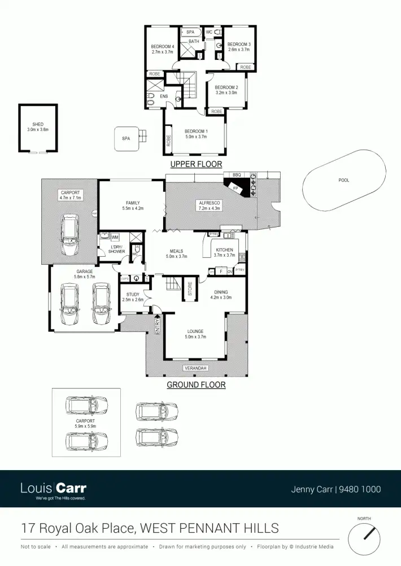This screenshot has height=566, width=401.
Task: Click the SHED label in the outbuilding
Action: click(x=38, y=124)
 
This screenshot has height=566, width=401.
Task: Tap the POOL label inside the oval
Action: click(x=344, y=181)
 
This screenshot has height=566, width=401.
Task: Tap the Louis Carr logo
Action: click(x=53, y=488)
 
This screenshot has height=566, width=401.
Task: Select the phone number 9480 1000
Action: click(x=360, y=489)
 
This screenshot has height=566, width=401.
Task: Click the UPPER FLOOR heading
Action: click(x=195, y=164)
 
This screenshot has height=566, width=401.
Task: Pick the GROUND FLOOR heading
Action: click(x=196, y=385)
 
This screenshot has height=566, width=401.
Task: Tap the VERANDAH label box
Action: click(x=195, y=368)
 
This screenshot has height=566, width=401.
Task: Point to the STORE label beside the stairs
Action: click(x=190, y=289)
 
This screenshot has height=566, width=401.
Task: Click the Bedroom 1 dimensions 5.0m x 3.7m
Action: click(x=195, y=137)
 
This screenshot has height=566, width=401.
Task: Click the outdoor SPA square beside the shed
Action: click(x=126, y=138)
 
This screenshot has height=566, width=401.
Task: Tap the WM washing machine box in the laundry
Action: click(x=115, y=238)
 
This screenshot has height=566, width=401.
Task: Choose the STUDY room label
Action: click(x=133, y=294)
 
